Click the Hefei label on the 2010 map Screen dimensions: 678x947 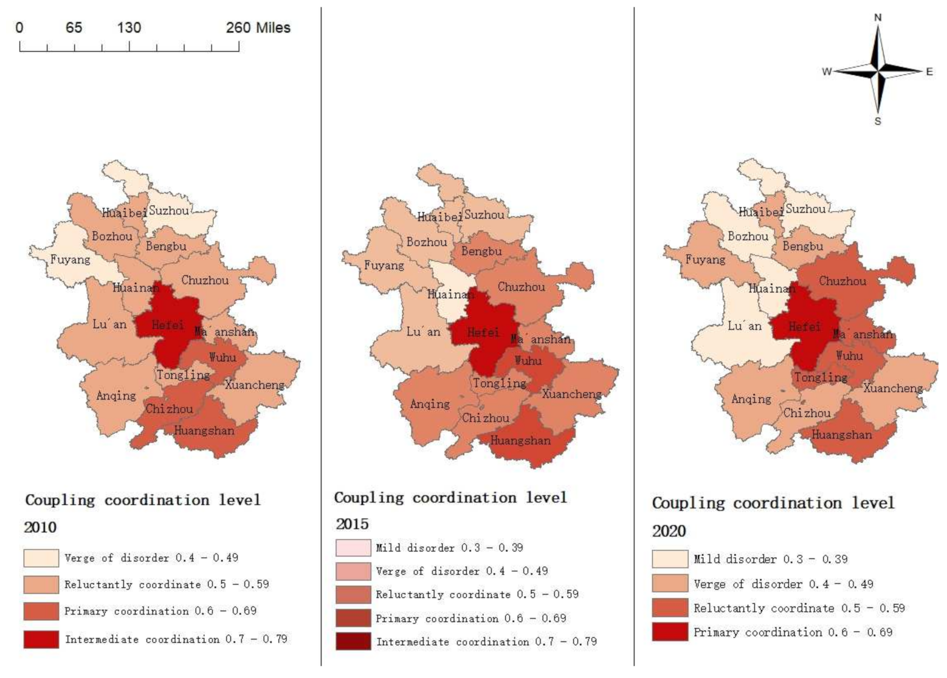pos(168,325)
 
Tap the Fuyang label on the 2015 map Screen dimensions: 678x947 pos(384,265)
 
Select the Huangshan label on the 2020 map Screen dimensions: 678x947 pos(841,435)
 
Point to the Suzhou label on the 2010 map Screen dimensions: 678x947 pos(169,210)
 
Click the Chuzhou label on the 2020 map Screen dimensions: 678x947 pos(842,281)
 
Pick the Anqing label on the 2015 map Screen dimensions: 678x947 pos(430,404)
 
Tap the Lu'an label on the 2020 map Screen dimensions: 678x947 pos(744,326)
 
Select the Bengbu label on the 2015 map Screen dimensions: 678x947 pos(481,251)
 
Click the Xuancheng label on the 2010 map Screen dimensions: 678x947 pos(254,385)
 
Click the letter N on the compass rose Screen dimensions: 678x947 pos(878,18)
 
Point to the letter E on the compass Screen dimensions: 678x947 pos(929,72)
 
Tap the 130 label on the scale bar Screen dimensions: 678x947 pos(129,28)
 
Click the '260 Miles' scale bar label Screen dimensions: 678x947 pos(258,28)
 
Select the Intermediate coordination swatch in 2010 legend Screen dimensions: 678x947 pos(41,639)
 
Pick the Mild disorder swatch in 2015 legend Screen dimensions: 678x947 pos(353,548)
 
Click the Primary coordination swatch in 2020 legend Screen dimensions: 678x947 pos(670,632)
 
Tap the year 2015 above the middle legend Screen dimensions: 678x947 pos(352,524)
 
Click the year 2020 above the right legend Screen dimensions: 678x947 pos(669,531)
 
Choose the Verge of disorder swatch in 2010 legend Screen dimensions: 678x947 pos(41,558)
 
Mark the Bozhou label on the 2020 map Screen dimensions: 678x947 pos(748,236)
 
